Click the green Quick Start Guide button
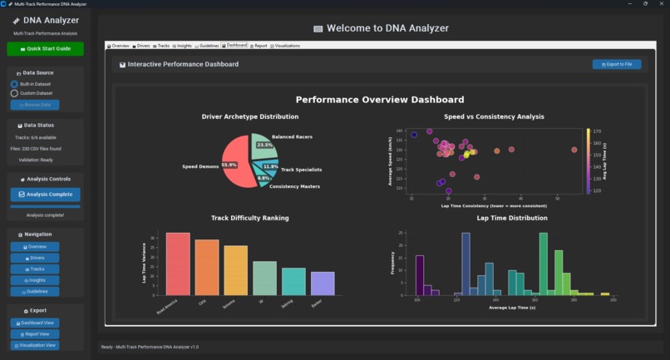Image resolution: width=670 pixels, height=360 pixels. point(45,49)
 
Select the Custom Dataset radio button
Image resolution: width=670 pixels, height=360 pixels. point(14,93)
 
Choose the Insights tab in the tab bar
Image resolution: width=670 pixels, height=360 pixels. point(182,46)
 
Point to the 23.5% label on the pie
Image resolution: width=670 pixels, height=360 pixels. point(264,145)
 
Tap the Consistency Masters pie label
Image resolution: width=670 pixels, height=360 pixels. point(294,186)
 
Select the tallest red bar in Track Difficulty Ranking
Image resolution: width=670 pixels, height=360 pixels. point(178,264)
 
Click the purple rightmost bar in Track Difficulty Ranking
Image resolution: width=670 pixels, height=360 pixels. point(323,283)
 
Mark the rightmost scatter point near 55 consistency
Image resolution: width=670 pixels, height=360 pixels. point(574,150)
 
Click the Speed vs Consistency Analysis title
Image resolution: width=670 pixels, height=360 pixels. point(494,117)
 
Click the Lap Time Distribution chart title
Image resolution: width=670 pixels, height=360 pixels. point(512,218)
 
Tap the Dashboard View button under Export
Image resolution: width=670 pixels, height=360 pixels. point(35,323)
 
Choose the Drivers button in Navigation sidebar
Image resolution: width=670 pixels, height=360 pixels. point(35,258)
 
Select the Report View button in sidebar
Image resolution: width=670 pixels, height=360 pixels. point(35,333)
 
